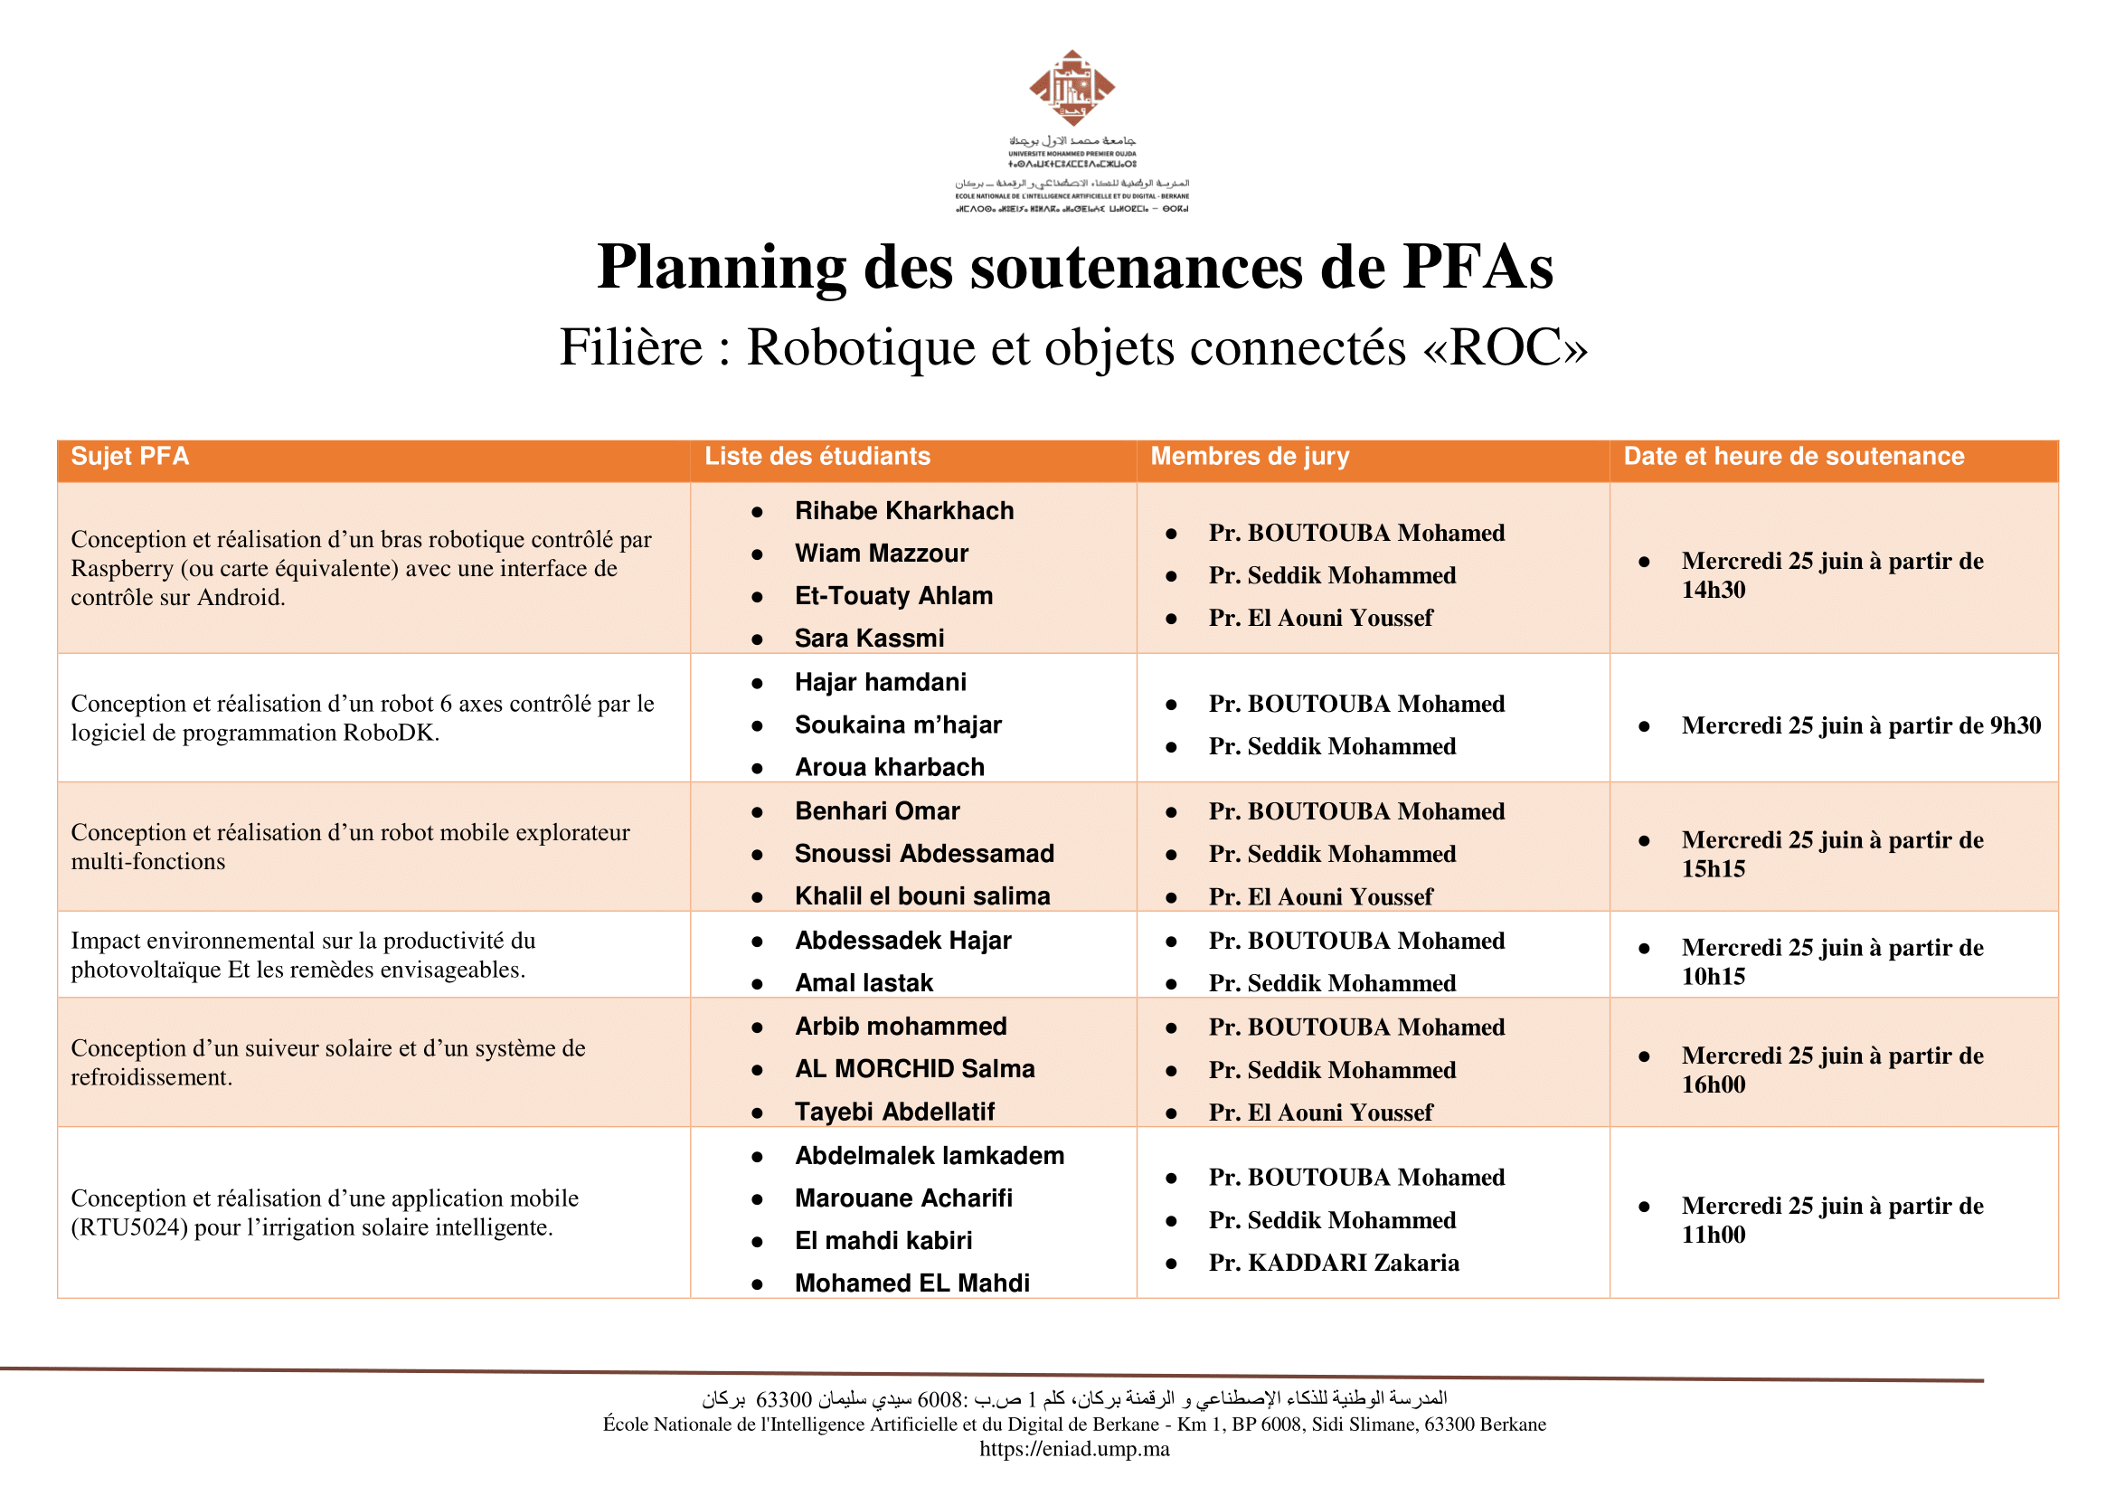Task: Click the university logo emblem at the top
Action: pyautogui.click(x=1072, y=89)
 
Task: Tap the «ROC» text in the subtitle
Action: pyautogui.click(x=1506, y=348)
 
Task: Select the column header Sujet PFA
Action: pyautogui.click(x=130, y=457)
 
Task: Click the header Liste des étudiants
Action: pyautogui.click(x=817, y=457)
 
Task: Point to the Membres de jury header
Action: pyautogui.click(x=1249, y=457)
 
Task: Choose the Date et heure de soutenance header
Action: pyautogui.click(x=1792, y=457)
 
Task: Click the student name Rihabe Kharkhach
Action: pyautogui.click(x=903, y=511)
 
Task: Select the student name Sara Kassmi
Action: pyautogui.click(x=870, y=639)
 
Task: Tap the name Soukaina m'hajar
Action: pyautogui.click(x=897, y=725)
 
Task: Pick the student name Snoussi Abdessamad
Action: pyautogui.click(x=924, y=854)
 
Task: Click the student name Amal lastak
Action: pyautogui.click(x=864, y=983)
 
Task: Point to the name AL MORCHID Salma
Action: pyautogui.click(x=914, y=1068)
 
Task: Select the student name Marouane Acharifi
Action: pyautogui.click(x=902, y=1198)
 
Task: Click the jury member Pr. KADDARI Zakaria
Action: pyautogui.click(x=1333, y=1263)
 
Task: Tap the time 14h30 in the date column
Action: pyautogui.click(x=1713, y=591)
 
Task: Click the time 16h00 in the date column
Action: pyautogui.click(x=1713, y=1085)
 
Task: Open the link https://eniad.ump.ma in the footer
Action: pyautogui.click(x=1074, y=1449)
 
